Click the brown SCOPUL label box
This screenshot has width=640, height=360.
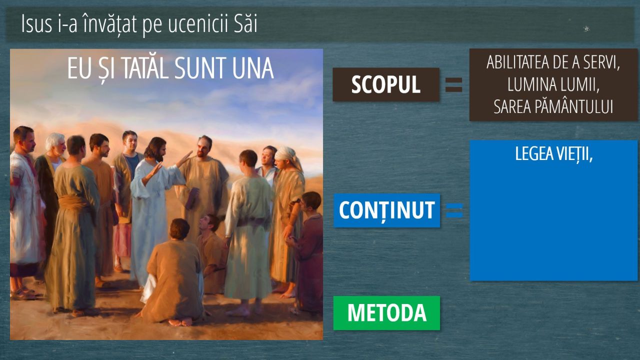(x=385, y=84)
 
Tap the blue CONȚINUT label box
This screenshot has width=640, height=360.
(x=387, y=210)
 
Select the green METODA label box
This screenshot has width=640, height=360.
(x=386, y=313)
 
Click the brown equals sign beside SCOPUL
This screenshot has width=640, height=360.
(x=453, y=85)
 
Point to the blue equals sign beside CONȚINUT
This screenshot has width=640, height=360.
(x=454, y=210)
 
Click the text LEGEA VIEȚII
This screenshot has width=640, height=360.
(x=553, y=154)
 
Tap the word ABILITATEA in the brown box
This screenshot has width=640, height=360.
(x=513, y=62)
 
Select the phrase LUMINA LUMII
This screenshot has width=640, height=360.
(x=553, y=84)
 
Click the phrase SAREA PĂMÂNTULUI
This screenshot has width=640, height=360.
(x=553, y=106)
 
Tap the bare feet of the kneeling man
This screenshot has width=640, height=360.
(x=180, y=322)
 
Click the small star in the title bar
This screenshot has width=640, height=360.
(x=586, y=28)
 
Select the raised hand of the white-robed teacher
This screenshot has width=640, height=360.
(x=184, y=158)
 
